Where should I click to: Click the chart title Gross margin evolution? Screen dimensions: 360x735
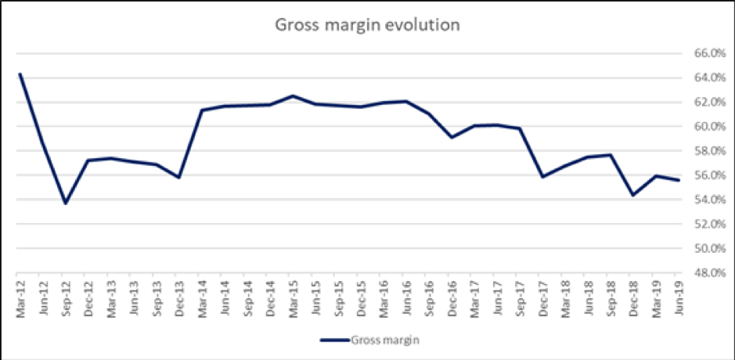pos(366,24)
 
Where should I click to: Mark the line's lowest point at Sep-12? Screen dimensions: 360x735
pos(65,203)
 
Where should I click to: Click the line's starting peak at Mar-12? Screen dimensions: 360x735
pos(20,74)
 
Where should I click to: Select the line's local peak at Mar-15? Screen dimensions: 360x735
pos(292,95)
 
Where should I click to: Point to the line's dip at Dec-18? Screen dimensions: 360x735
pos(632,195)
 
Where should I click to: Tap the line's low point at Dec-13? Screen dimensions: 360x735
pos(178,178)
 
